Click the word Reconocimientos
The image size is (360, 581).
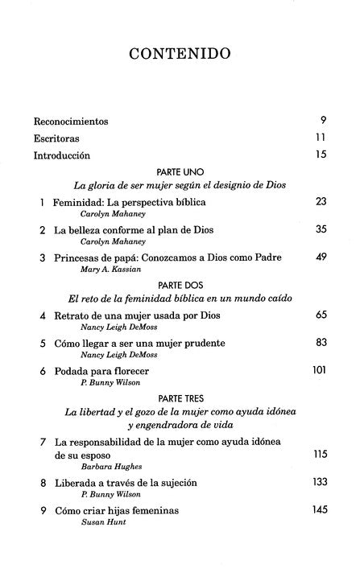click(71, 122)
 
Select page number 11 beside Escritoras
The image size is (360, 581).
click(320, 138)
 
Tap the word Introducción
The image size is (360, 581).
click(62, 155)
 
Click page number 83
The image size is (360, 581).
click(320, 342)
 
